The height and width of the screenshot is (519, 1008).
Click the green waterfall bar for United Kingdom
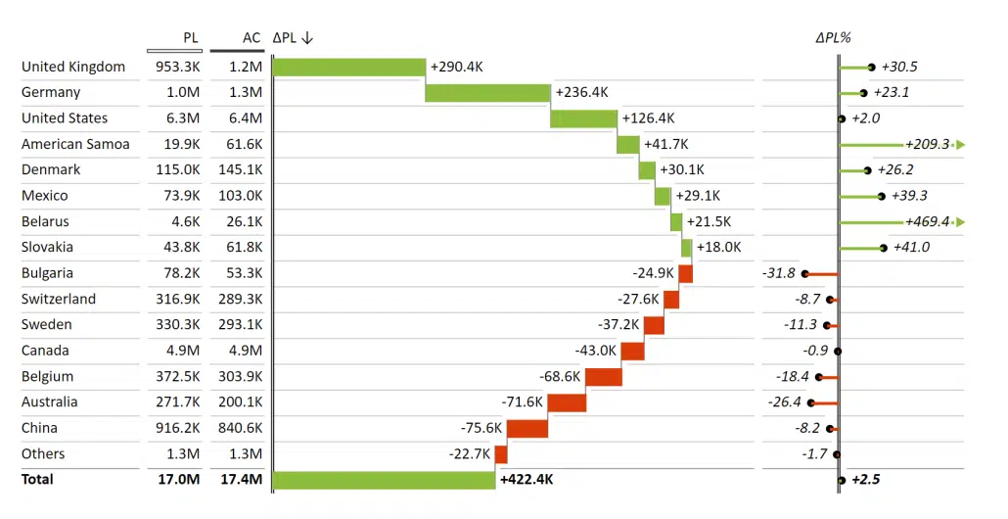pos(349,67)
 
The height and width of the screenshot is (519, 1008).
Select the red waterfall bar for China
pos(527,428)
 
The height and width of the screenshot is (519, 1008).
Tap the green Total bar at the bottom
pos(385,480)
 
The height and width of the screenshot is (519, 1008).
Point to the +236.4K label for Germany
pos(581,92)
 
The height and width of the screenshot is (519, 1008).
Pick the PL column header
pos(191,38)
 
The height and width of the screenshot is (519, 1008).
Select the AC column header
pos(252,38)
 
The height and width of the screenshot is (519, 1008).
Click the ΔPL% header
pos(833,38)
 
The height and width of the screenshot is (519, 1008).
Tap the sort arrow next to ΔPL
pos(307,38)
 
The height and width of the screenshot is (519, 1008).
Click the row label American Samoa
pos(75,144)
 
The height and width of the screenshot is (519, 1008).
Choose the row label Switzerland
pos(59,299)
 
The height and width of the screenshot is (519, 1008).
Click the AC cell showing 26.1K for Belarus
pos(244,221)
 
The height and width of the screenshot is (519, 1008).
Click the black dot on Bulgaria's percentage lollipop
pos(804,274)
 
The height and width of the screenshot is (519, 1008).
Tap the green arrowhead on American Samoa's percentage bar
pos(960,145)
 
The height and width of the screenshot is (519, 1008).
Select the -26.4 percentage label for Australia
pos(785,402)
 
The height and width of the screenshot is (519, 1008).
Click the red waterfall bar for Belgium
pos(603,376)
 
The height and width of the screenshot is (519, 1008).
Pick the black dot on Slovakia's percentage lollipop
pos(884,248)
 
